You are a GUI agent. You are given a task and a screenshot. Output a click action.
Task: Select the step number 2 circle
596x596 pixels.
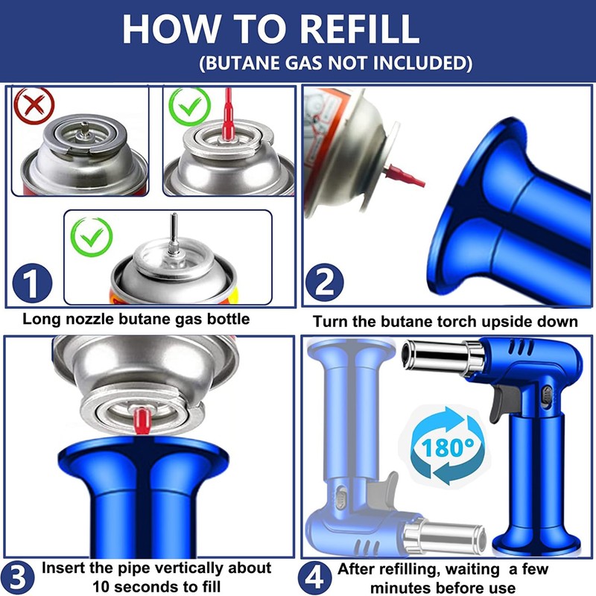325,283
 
